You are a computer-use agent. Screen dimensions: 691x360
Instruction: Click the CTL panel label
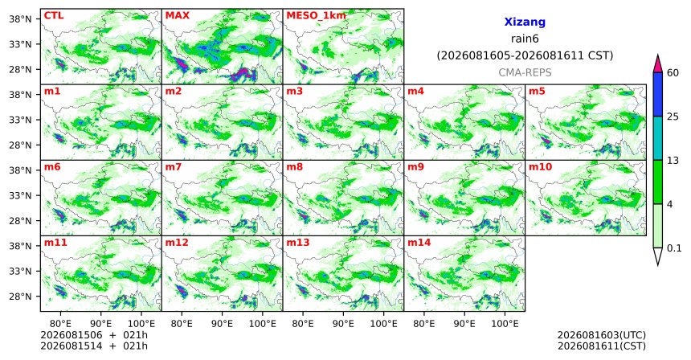tap(54, 15)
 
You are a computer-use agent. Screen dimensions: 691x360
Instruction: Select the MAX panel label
tap(177, 15)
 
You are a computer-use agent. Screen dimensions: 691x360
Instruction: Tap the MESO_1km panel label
tap(316, 16)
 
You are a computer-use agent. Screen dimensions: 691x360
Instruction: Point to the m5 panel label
tap(537, 92)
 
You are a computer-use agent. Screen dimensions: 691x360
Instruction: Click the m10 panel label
tap(540, 167)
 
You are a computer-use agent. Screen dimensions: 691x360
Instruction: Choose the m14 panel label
tap(419, 243)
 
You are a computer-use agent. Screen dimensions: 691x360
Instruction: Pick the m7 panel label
tap(174, 167)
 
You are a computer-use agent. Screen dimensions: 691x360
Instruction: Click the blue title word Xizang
tap(525, 22)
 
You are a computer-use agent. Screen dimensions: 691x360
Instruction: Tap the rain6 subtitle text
tap(525, 39)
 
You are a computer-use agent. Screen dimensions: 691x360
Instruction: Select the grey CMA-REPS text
tap(525, 72)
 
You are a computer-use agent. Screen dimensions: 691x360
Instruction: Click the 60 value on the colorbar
tap(673, 72)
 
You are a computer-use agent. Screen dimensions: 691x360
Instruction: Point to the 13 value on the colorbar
tap(673, 161)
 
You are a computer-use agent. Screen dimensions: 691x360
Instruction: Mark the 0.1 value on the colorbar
tap(674, 248)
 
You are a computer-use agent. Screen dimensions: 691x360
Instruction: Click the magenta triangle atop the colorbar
tap(658, 63)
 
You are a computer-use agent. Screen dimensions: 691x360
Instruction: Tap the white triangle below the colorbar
tap(658, 256)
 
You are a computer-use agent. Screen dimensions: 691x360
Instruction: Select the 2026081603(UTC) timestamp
tap(602, 336)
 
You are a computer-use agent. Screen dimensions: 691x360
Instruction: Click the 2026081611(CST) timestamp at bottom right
tap(602, 346)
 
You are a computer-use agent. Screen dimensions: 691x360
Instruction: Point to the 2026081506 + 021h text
tap(94, 335)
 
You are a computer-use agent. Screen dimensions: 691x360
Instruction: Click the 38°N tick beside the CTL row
tap(20, 19)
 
